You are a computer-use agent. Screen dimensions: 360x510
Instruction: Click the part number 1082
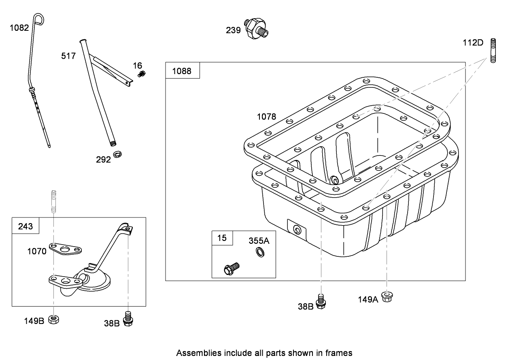click(x=19, y=28)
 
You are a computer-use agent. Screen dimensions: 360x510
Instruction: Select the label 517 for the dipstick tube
click(x=68, y=56)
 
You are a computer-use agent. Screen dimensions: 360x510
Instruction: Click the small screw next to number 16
click(x=141, y=74)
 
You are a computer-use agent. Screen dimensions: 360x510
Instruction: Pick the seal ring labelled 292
click(x=118, y=154)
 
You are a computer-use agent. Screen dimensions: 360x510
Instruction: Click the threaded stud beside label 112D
click(x=493, y=50)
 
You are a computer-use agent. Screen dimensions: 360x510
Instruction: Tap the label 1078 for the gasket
click(x=266, y=117)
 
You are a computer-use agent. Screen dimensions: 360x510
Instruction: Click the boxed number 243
click(x=25, y=226)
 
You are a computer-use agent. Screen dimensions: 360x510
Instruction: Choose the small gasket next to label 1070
click(x=66, y=249)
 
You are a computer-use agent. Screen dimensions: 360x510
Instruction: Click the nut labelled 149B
click(x=53, y=320)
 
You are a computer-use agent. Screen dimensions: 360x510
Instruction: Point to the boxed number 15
click(x=222, y=238)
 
